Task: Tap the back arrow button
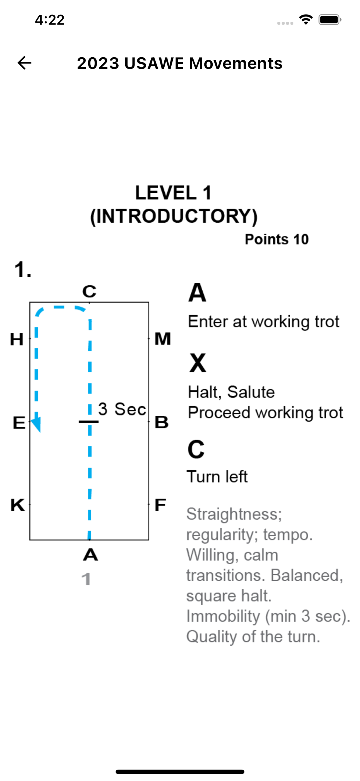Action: [x=24, y=63]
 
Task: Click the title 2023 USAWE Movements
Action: [x=180, y=63]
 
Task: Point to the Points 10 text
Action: [x=277, y=239]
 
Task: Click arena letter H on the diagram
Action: [x=17, y=339]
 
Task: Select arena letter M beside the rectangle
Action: [x=163, y=339]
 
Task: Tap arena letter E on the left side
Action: [x=19, y=423]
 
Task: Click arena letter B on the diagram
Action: [x=162, y=422]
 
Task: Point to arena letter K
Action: [x=18, y=505]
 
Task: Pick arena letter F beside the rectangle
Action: [x=160, y=505]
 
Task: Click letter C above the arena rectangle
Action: [x=89, y=291]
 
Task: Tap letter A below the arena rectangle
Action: [x=90, y=555]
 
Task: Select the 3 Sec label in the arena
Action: [x=122, y=409]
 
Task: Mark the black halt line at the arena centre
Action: [x=88, y=422]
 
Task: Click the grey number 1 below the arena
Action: [x=86, y=579]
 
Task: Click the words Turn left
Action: [x=217, y=476]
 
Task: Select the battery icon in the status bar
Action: [x=330, y=20]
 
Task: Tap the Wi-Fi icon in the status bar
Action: [x=306, y=19]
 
